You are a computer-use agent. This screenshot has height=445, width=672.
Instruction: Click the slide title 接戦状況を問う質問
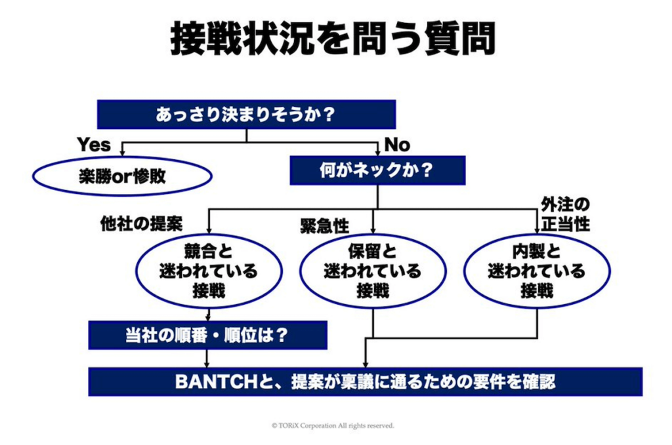point(333,39)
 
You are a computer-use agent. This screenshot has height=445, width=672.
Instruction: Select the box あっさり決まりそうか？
point(247,114)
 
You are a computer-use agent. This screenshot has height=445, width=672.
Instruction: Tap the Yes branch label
point(94,145)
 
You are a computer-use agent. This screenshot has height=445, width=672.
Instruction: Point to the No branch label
point(397,145)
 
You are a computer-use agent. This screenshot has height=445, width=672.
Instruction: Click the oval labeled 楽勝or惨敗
point(123,176)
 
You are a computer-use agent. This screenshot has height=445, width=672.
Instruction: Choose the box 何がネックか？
point(377,170)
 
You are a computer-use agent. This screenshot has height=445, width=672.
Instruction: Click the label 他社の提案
point(142,223)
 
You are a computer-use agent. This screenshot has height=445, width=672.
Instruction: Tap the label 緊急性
point(325,226)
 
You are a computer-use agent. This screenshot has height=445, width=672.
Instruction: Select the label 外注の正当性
point(565,214)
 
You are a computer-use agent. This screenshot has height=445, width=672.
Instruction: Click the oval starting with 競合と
point(209,271)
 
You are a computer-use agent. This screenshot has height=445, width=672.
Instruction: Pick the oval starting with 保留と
point(373,271)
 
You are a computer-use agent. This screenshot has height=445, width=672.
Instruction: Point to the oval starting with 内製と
point(537,271)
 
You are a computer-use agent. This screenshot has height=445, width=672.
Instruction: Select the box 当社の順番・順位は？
point(208,335)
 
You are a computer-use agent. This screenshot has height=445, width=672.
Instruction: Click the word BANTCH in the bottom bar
point(216,381)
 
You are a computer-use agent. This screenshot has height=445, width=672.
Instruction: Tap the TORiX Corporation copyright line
point(333,426)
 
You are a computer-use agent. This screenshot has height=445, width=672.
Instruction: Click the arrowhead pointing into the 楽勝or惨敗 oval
point(122,153)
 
